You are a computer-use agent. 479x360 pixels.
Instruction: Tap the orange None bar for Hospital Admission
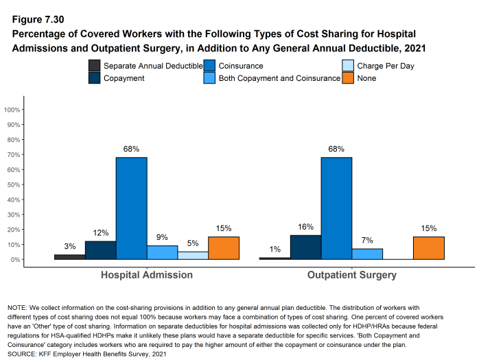(x=224, y=248)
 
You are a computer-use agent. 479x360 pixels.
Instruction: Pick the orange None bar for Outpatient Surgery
(x=429, y=248)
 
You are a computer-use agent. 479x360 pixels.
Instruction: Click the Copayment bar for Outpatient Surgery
(x=305, y=248)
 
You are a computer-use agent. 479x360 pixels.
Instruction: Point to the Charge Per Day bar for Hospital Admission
(x=193, y=256)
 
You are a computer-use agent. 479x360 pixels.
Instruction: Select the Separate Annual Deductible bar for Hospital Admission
(x=70, y=257)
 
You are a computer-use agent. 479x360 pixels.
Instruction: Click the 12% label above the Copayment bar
(x=101, y=233)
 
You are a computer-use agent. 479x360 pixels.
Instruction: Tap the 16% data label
(x=305, y=227)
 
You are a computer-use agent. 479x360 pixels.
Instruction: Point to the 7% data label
(x=367, y=241)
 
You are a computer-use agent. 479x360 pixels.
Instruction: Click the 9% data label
(x=163, y=238)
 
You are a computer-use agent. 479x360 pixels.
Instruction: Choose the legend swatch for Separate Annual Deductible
(x=95, y=66)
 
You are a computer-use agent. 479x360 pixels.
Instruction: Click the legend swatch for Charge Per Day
(x=348, y=66)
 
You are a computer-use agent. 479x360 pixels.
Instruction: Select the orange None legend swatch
(x=348, y=78)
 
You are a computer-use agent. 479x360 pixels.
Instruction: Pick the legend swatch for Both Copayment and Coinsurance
(x=210, y=78)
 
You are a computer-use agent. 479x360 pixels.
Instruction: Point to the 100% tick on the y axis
(x=14, y=110)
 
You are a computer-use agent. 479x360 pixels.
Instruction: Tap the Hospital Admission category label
(x=147, y=275)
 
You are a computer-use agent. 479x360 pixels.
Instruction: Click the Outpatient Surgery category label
(x=352, y=275)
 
